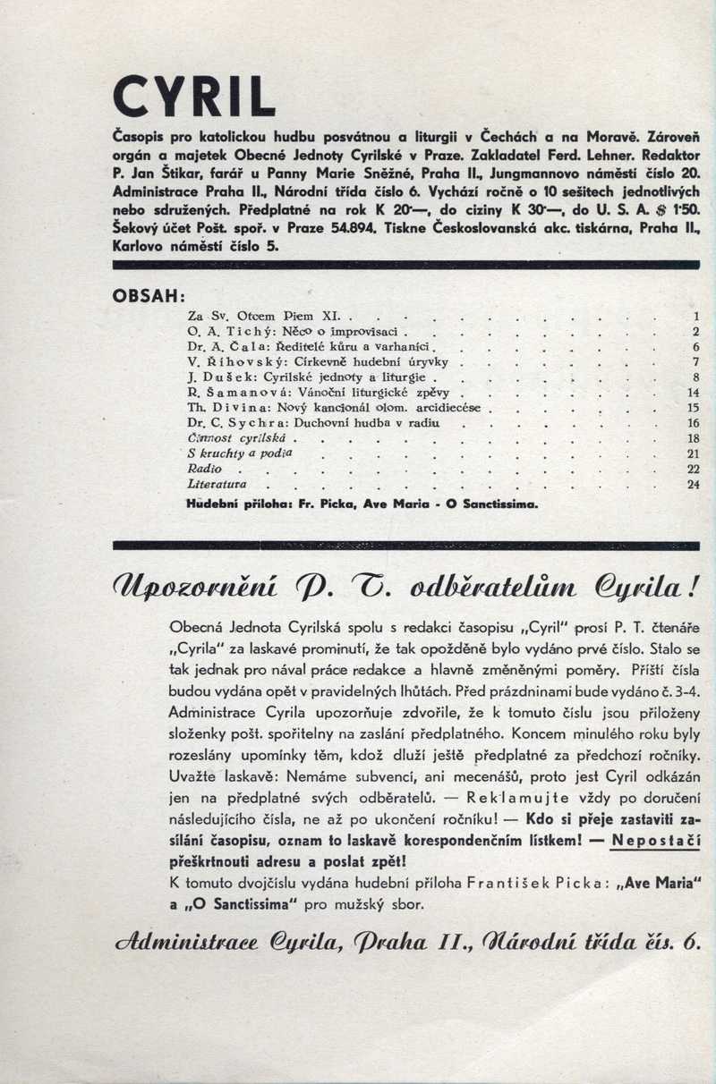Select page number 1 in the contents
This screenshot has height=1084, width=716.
(x=695, y=317)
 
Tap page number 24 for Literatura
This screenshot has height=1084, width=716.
(x=693, y=484)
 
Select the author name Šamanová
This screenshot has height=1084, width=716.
(x=239, y=393)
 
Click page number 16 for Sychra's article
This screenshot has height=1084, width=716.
(x=693, y=423)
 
